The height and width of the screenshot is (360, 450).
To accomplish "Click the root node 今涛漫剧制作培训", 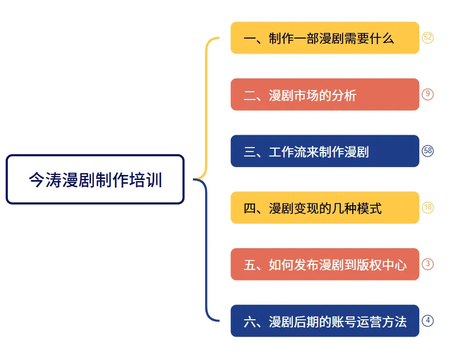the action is (x=95, y=179).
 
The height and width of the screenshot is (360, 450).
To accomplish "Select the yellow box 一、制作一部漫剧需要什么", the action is (x=325, y=38).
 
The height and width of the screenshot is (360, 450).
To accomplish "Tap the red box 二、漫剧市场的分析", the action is (x=325, y=94).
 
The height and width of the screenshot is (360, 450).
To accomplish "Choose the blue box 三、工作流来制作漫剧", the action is (x=325, y=151).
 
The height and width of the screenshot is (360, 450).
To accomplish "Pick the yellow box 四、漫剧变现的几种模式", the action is (x=325, y=208).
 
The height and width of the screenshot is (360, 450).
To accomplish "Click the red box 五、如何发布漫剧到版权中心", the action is (x=325, y=264).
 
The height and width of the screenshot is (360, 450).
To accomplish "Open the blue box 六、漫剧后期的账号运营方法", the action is (x=325, y=321).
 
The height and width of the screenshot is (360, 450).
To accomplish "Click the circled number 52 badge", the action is (x=428, y=37).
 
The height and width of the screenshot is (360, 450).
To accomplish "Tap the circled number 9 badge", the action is (x=428, y=94).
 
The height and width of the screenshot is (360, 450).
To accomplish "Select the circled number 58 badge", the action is (x=428, y=151).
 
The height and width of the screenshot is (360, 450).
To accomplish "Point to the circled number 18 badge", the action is (x=428, y=207).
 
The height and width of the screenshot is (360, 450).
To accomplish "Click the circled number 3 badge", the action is (x=428, y=264).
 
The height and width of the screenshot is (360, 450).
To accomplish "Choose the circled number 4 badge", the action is (x=428, y=321).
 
